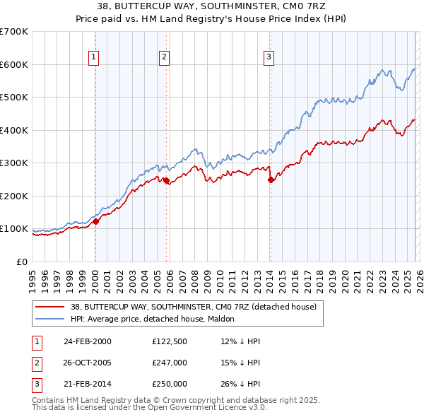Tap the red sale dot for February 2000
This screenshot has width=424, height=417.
(x=95, y=221)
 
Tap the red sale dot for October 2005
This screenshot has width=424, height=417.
(x=166, y=181)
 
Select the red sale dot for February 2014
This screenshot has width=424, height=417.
(x=271, y=180)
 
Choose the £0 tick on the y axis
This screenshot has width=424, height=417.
(x=21, y=262)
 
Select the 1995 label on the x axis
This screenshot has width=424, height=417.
(x=32, y=276)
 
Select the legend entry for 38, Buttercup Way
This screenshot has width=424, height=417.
(x=197, y=307)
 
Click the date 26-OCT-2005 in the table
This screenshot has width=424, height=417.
(x=87, y=363)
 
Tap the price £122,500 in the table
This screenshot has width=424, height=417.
(x=170, y=341)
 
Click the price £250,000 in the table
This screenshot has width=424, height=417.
(x=170, y=384)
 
